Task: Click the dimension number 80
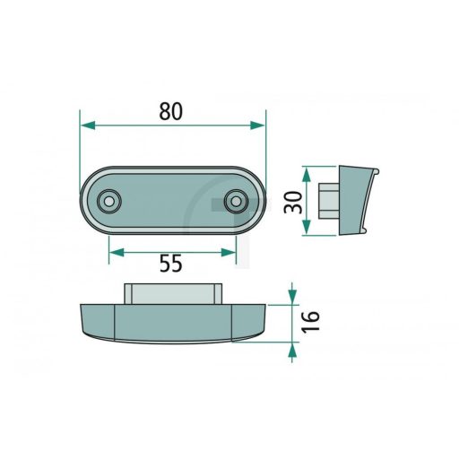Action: pos(171,111)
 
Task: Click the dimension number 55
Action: pos(171,263)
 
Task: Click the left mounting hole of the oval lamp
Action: pos(109,202)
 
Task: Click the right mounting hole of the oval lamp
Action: pos(237,202)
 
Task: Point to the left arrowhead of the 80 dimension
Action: pos(86,127)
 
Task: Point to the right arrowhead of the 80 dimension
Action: pos(260,127)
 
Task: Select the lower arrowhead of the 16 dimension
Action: pos(291,351)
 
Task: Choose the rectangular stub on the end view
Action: pos(327,201)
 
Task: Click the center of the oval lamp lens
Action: pos(172,202)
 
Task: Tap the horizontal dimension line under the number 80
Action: pos(172,127)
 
